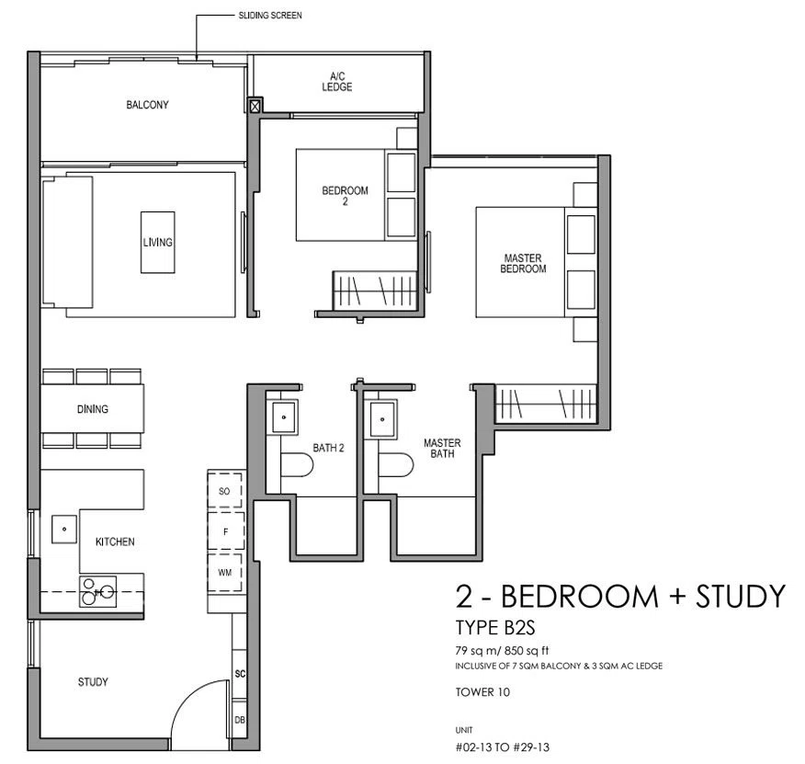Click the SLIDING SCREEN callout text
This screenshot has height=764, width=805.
point(270,16)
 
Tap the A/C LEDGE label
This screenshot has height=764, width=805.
point(336,82)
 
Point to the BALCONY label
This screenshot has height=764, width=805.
point(147,105)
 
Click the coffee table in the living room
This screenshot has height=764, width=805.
point(158,242)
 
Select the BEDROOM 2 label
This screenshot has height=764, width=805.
point(345,196)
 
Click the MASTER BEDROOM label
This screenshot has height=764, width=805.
point(523,263)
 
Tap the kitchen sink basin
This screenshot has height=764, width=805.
point(64,530)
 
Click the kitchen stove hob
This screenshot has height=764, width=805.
point(97,592)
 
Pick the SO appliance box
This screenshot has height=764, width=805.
point(224,491)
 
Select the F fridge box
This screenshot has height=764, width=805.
point(225,531)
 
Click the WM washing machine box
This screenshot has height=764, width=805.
point(225,573)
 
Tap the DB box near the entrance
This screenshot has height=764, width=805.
point(239,719)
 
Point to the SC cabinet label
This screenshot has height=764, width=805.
point(240,674)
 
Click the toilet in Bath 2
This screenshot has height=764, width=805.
point(297,464)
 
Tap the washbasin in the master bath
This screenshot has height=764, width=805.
point(383,419)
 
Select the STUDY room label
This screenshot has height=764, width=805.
point(93,682)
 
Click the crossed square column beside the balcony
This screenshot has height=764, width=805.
point(255,106)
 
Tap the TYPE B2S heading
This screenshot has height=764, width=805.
point(495,627)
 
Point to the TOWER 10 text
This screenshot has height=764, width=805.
point(482,692)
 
